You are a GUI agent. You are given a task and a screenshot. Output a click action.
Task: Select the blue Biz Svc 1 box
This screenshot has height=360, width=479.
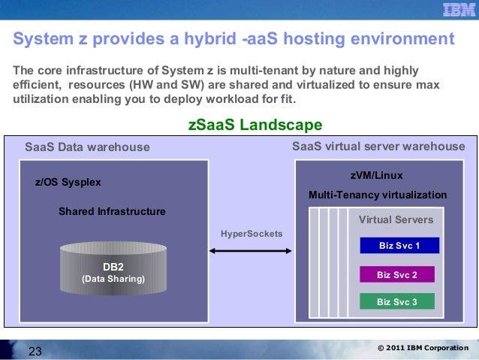click(399, 246)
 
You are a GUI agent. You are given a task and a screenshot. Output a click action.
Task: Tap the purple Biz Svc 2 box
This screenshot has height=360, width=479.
click(396, 274)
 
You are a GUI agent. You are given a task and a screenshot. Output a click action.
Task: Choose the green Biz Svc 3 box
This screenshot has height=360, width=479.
click(396, 301)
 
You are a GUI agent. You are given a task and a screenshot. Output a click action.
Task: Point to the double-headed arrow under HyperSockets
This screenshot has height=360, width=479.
click(252, 250)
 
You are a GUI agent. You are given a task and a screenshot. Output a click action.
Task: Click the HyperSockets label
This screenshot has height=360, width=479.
click(252, 234)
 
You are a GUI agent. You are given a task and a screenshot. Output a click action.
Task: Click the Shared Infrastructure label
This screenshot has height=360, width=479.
click(112, 211)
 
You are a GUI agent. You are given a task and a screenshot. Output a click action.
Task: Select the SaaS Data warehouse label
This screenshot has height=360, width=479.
click(87, 147)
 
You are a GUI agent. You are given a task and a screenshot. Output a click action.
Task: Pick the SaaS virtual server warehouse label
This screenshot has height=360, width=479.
click(378, 146)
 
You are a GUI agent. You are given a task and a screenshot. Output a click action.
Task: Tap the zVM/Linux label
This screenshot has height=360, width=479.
click(377, 175)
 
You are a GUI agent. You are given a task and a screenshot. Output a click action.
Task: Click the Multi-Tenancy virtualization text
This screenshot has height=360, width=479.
click(378, 195)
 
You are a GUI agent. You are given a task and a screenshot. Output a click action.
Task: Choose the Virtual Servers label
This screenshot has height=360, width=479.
click(396, 220)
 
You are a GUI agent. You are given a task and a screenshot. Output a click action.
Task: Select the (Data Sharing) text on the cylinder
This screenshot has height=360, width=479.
click(113, 280)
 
